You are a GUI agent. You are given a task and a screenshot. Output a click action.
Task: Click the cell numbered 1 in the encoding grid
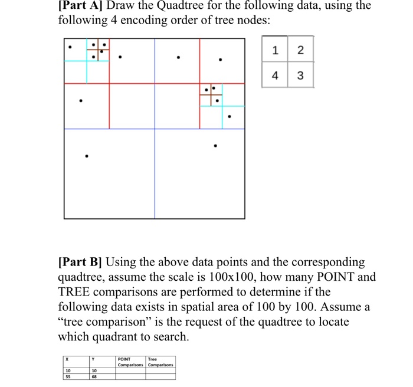[274, 51]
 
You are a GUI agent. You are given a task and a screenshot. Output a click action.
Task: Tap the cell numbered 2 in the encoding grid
[300, 51]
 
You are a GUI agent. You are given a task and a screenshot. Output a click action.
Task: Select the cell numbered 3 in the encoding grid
[300, 76]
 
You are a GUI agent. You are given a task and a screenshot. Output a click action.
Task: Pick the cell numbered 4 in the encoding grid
[274, 76]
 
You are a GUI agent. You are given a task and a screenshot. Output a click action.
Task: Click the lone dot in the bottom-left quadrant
[87, 156]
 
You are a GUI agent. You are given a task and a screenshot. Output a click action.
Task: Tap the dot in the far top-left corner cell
[70, 45]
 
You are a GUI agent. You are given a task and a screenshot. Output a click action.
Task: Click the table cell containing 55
[69, 376]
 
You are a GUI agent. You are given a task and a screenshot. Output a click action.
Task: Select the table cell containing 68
[94, 376]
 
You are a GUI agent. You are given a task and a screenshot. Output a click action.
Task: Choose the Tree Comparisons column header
[160, 361]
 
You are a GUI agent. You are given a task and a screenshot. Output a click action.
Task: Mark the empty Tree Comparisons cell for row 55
[160, 376]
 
